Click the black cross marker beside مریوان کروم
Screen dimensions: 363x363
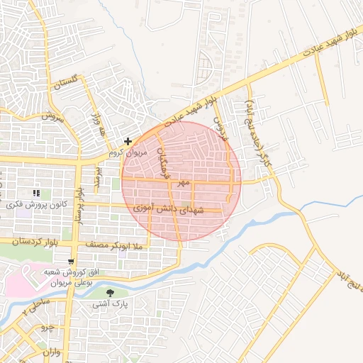[x=128, y=142]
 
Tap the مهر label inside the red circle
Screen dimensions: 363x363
[x=184, y=183]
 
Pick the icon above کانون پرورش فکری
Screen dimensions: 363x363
[x=35, y=193]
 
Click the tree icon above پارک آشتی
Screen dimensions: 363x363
[x=109, y=293]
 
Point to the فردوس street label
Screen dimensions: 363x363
[x=223, y=126]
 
